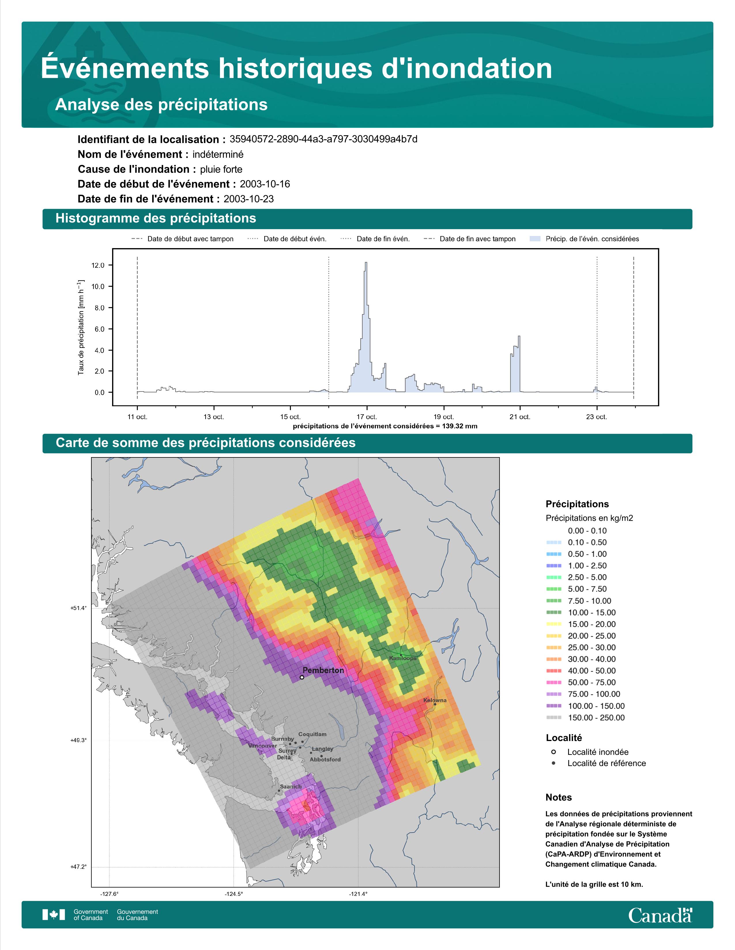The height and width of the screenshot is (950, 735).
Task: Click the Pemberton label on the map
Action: click(x=323, y=670)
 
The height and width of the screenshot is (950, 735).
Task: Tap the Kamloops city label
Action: click(x=403, y=658)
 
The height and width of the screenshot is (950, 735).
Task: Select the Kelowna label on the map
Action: click(x=435, y=700)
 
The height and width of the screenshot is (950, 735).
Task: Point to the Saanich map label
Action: click(x=291, y=786)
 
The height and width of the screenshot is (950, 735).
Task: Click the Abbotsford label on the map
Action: click(x=325, y=759)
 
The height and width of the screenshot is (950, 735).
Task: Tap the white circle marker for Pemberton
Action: click(x=302, y=677)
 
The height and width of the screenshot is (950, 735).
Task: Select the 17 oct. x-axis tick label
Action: click(x=367, y=417)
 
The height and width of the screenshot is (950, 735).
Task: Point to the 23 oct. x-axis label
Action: click(x=596, y=417)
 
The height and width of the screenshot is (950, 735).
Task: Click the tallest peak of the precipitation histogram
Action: click(x=366, y=263)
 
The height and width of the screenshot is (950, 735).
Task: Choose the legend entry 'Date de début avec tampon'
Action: click(x=182, y=239)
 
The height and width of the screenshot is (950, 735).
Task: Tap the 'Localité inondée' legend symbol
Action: click(x=553, y=752)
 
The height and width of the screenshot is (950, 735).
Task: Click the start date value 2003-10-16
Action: click(x=265, y=184)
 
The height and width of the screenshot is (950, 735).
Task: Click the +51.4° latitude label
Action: click(x=78, y=608)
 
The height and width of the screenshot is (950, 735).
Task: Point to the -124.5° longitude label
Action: click(x=234, y=894)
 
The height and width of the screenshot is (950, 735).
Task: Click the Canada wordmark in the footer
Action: click(x=660, y=915)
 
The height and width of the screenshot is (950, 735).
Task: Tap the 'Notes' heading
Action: click(x=559, y=797)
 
